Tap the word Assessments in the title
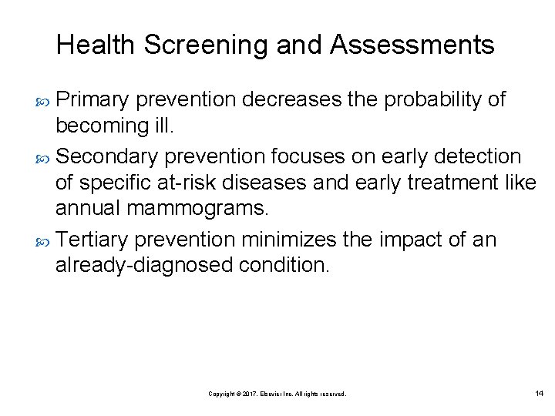pos(412,45)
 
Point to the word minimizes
pos(289,240)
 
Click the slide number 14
pos(539,394)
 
